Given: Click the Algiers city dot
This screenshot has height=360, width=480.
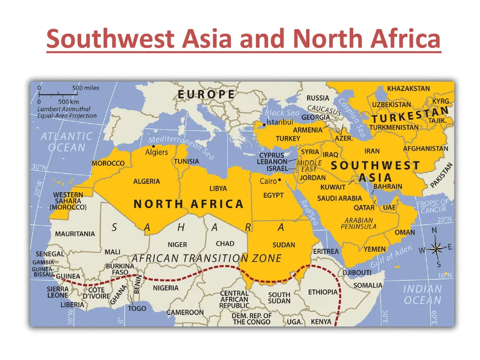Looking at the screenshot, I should [153, 146].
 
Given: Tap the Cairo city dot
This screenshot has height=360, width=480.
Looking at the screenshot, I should [280, 180].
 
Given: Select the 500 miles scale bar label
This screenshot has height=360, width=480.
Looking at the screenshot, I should [85, 88].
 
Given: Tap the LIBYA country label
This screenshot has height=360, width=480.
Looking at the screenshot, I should [218, 188].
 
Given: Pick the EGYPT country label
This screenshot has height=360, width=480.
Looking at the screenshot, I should [273, 195].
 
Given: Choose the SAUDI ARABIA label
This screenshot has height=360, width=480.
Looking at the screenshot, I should [339, 198].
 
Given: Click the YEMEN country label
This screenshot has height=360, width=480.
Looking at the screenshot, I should [375, 249].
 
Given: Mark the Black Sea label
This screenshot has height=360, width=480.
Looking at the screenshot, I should [282, 113].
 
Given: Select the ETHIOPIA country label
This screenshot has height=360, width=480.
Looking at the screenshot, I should [322, 292].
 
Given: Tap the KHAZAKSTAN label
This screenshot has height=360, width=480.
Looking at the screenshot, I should [408, 88].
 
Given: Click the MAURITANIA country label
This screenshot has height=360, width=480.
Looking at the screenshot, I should [75, 233].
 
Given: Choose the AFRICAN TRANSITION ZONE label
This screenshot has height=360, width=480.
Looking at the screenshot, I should [206, 258].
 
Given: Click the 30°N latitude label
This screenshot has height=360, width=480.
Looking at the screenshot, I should [39, 167].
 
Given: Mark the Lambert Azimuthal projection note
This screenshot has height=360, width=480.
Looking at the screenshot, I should [67, 112].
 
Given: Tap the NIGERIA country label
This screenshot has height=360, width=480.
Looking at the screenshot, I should [165, 287].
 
